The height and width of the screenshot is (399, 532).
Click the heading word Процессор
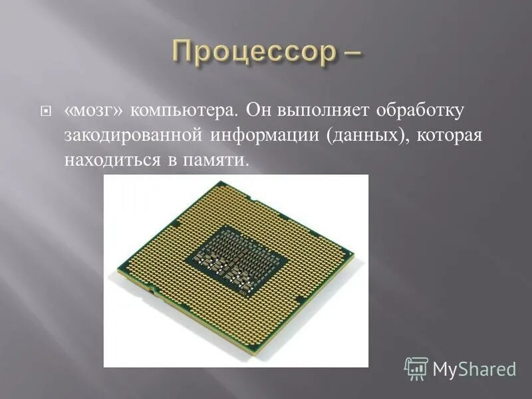click(x=252, y=53)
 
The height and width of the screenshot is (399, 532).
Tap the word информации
click(x=265, y=136)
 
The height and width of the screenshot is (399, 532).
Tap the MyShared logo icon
click(x=416, y=368)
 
